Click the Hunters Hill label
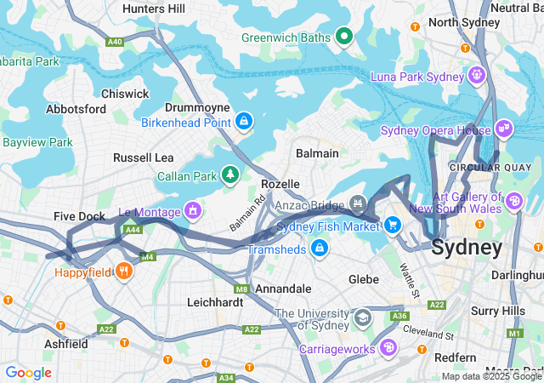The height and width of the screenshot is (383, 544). click(153, 9)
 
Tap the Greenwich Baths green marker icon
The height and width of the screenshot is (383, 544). click(343, 36)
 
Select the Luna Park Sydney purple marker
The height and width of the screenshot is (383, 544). click(477, 76)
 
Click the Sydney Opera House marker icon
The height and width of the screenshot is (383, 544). click(503, 129)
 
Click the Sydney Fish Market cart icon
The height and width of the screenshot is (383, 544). click(392, 225)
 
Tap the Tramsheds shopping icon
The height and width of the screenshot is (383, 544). click(319, 248)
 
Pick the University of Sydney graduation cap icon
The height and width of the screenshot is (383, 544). click(363, 317)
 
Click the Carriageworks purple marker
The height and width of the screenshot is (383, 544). click(388, 347)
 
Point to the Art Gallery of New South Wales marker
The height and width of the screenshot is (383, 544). click(515, 202)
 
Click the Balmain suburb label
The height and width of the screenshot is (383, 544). click(316, 153)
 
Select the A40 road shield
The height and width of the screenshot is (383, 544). click(114, 41)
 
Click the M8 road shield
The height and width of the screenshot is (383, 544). click(241, 289)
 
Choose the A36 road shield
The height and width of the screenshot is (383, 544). click(399, 316)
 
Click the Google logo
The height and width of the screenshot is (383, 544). click(28, 372)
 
